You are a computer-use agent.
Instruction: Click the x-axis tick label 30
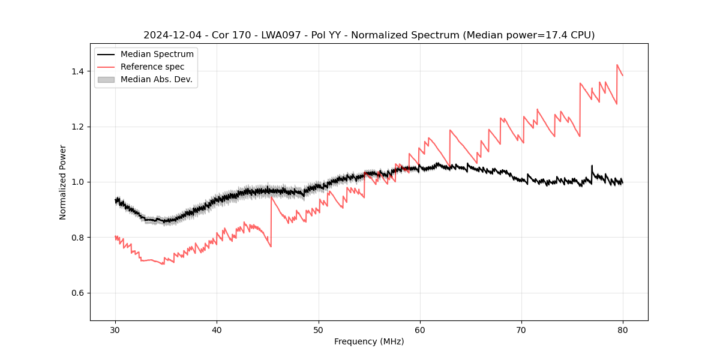pyautogui.click(x=115, y=329)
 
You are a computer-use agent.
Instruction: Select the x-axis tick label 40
pyautogui.click(x=217, y=329)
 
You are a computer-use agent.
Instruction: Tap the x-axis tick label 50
pyautogui.click(x=318, y=329)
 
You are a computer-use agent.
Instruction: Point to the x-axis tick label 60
pyautogui.click(x=420, y=329)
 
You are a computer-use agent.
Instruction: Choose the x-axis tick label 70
pyautogui.click(x=521, y=329)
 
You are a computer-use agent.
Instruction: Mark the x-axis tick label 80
pyautogui.click(x=623, y=329)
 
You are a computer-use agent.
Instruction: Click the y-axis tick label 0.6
pyautogui.click(x=78, y=293)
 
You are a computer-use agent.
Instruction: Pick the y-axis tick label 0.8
pyautogui.click(x=78, y=238)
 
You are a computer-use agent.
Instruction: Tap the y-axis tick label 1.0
pyautogui.click(x=78, y=182)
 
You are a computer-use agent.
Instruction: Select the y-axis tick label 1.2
pyautogui.click(x=78, y=127)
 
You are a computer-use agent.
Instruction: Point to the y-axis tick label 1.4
pyautogui.click(x=78, y=71)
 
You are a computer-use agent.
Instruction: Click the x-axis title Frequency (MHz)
pyautogui.click(x=369, y=341)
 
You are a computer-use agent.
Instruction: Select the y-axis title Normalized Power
pyautogui.click(x=63, y=182)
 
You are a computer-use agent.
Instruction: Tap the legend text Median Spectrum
pyautogui.click(x=157, y=55)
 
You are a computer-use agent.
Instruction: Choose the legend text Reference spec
pyautogui.click(x=152, y=67)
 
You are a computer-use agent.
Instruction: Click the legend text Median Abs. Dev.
pyautogui.click(x=157, y=79)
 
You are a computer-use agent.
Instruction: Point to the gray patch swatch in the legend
pyautogui.click(x=106, y=79)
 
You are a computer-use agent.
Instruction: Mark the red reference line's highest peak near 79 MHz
pyautogui.click(x=617, y=65)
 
